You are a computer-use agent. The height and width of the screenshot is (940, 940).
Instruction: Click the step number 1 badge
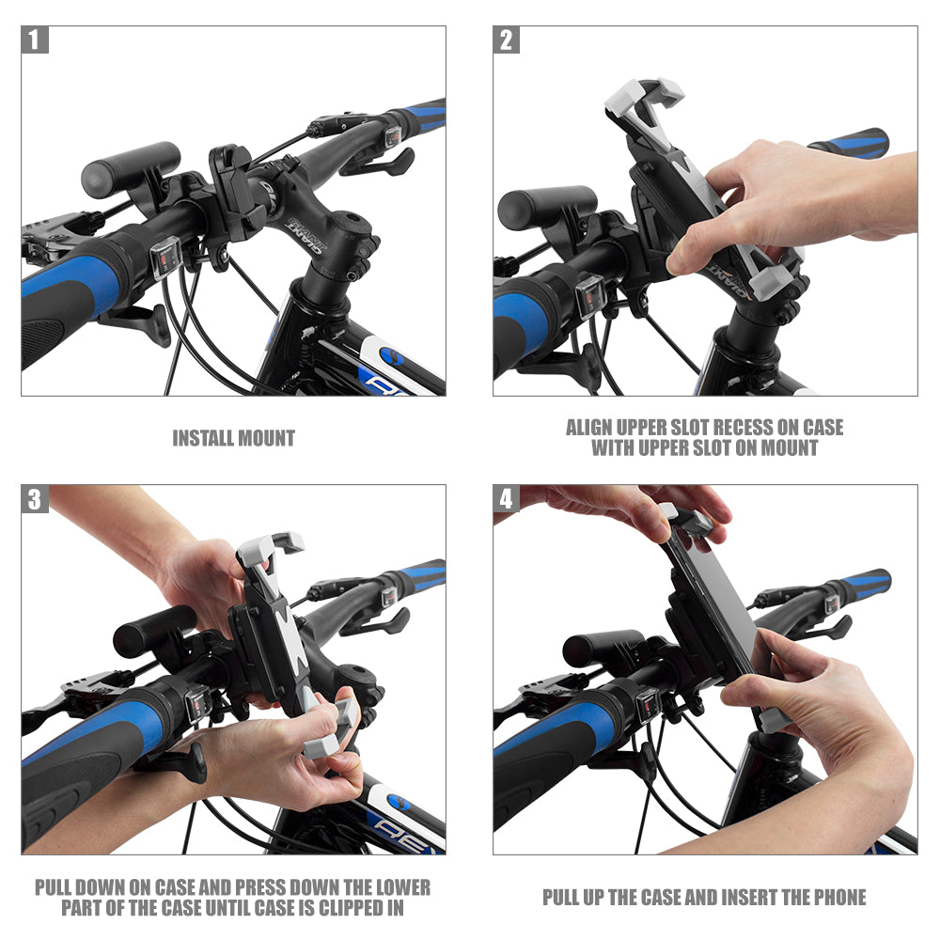35,39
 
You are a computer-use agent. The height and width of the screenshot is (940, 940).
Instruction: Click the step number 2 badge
507,39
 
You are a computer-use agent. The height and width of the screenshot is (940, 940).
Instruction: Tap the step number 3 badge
35,499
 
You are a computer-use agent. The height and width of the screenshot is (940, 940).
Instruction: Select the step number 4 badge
507,499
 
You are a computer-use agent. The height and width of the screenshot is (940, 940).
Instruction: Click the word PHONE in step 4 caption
832,898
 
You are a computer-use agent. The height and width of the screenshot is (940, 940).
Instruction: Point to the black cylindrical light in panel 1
130,167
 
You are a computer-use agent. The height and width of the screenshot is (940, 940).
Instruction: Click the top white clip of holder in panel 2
644,95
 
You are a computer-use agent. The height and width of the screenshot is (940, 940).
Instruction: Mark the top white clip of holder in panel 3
271,546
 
